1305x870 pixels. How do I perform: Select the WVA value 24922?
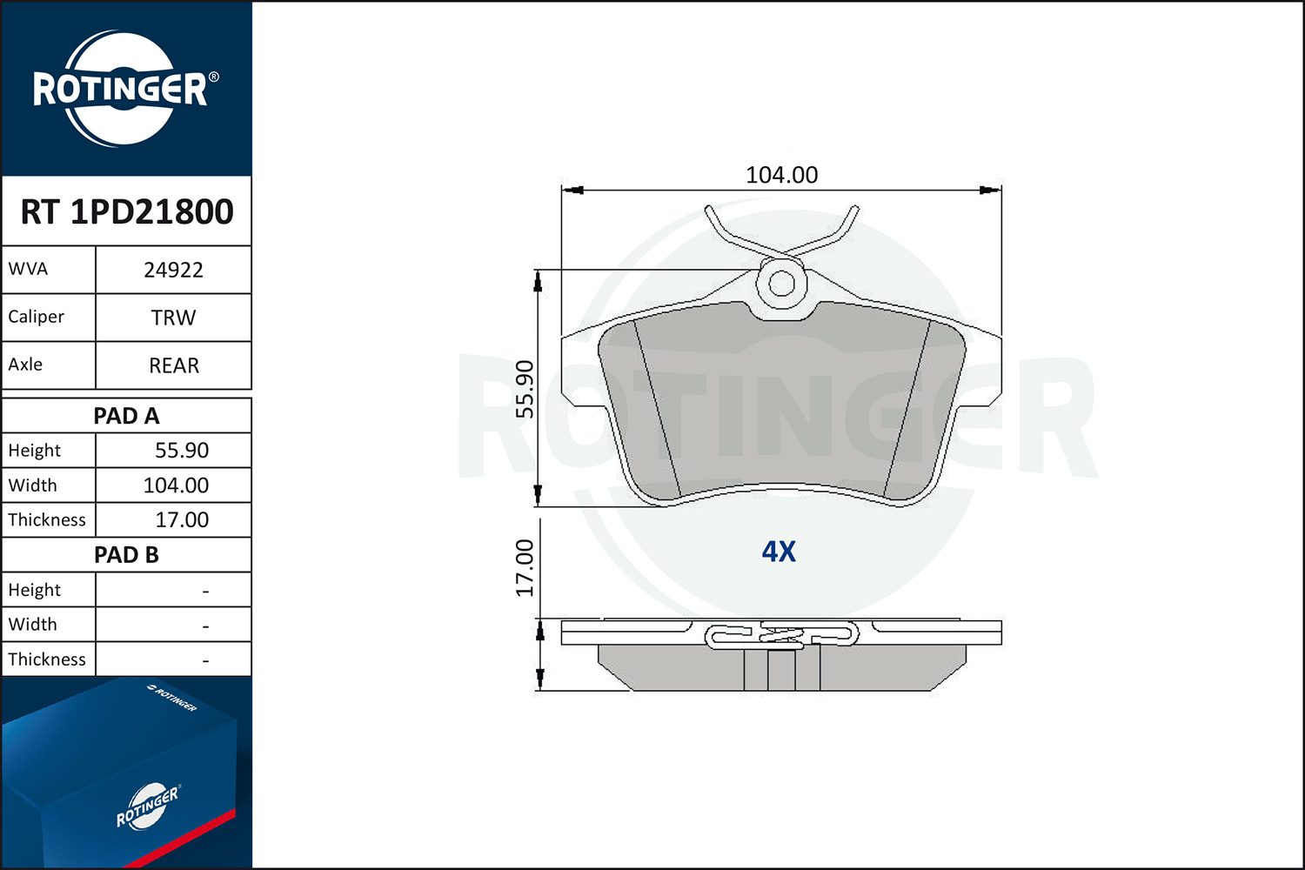click(x=173, y=270)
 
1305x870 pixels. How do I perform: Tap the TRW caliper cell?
click(x=173, y=318)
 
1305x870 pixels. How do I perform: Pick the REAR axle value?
click(x=174, y=365)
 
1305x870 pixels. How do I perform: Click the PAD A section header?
click(x=126, y=416)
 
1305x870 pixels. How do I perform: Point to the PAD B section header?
click(x=126, y=555)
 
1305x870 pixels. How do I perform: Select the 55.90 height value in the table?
click(x=182, y=451)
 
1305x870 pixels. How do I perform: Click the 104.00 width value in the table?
click(x=176, y=485)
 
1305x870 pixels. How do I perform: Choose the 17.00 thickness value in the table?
click(x=182, y=519)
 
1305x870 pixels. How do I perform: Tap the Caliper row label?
click(x=37, y=317)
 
